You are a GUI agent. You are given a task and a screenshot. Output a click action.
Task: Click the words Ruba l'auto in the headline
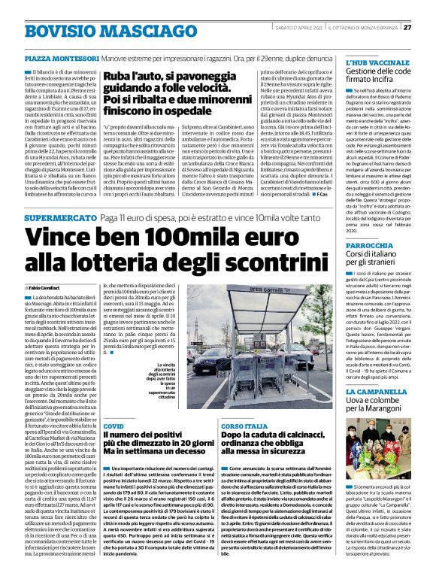coord(132,76)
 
